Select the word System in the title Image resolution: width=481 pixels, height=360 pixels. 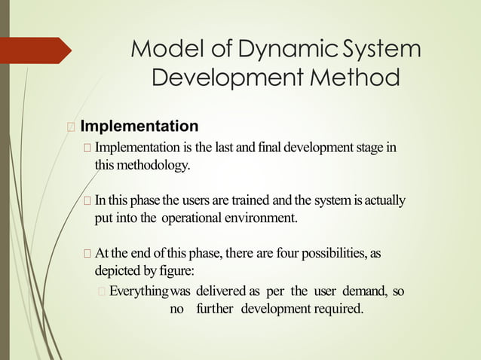[x=381, y=50]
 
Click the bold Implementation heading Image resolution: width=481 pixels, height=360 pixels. [x=139, y=125]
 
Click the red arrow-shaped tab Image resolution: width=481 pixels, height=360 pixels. [x=37, y=50]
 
